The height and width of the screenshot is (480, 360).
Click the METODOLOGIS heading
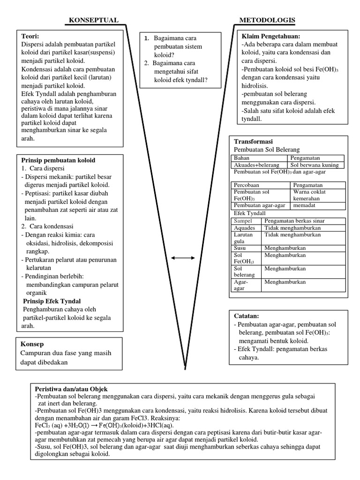pyautogui.click(x=267, y=20)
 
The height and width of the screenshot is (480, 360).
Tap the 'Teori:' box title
pyautogui.click(x=30, y=36)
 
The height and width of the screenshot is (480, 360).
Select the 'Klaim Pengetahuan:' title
pyautogui.click(x=270, y=36)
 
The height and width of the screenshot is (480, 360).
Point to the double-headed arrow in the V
pyautogui.click(x=183, y=258)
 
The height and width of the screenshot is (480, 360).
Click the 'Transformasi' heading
pyautogui.click(x=253, y=142)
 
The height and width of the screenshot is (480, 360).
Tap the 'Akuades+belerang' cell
pyautogui.click(x=256, y=165)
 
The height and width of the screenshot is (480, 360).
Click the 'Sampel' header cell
pyautogui.click(x=243, y=221)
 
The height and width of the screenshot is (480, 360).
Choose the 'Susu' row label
pyautogui.click(x=240, y=247)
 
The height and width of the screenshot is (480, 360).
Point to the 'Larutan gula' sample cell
pyautogui.click(x=243, y=237)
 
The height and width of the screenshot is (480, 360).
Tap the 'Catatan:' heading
pyautogui.click(x=246, y=316)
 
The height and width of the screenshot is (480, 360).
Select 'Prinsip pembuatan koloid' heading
pyautogui.click(x=58, y=160)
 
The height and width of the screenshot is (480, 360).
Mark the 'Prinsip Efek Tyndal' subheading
pyautogui.click(x=52, y=301)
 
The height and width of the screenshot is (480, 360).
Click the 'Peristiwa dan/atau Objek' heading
pyautogui.click(x=71, y=389)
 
